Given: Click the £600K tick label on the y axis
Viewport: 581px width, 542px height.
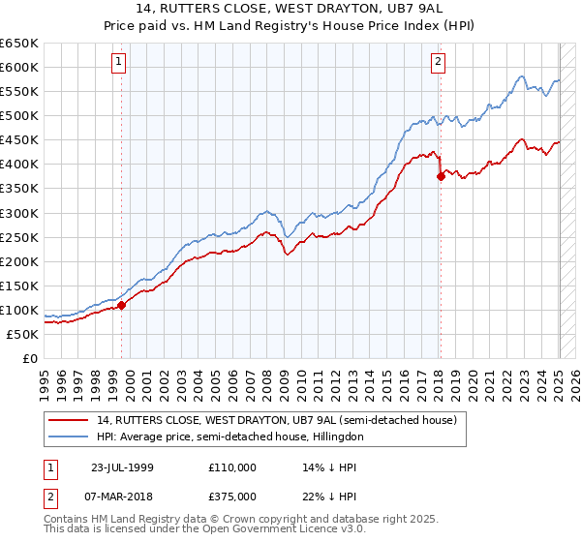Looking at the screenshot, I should click(x=19, y=67).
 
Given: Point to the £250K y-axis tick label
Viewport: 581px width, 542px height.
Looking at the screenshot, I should click(x=19, y=237).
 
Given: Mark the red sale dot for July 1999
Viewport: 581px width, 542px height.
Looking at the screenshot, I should click(x=122, y=305).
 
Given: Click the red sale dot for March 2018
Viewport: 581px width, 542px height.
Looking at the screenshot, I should click(x=441, y=176).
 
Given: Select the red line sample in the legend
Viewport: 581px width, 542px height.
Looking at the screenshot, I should click(x=69, y=419).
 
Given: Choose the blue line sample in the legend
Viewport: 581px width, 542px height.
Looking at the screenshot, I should click(x=69, y=437).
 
